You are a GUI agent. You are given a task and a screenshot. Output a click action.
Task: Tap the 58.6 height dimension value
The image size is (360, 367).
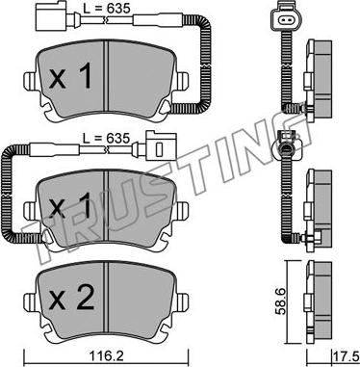281,303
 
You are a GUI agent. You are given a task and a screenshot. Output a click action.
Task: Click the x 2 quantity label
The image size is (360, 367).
72,299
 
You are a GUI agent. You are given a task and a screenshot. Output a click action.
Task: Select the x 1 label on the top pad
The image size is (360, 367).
70,77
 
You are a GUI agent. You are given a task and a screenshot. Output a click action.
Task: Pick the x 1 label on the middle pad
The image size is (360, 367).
70,206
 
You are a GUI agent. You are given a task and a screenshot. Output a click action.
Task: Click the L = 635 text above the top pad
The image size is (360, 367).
107,9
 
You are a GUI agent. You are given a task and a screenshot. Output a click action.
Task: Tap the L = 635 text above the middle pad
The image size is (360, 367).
106,139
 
